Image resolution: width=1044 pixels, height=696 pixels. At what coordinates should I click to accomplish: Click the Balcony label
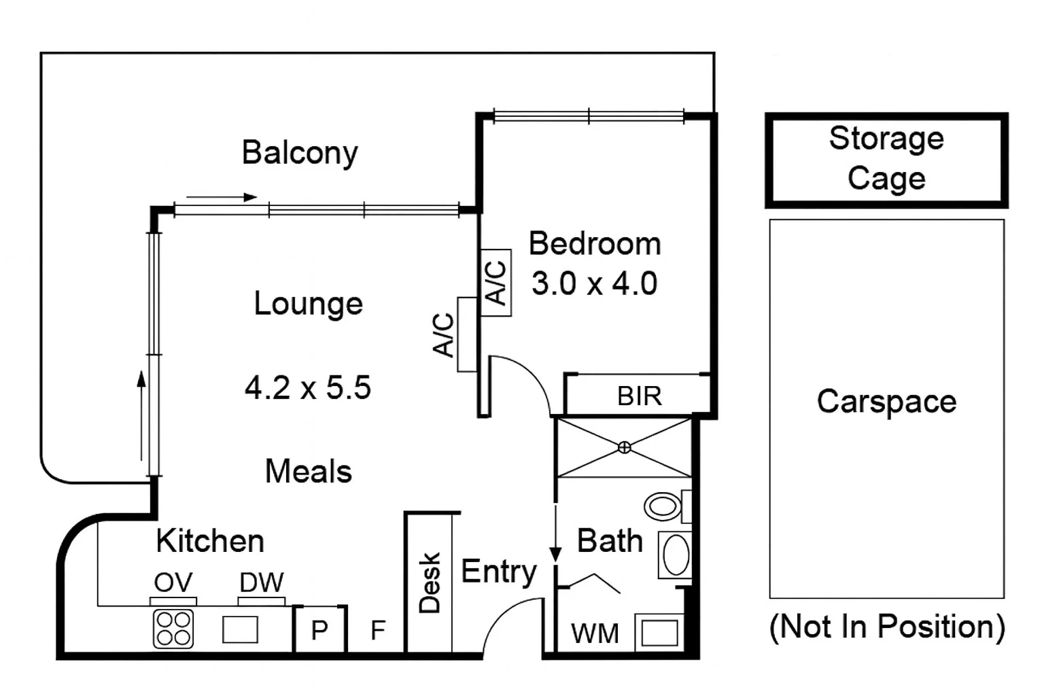point(300,153)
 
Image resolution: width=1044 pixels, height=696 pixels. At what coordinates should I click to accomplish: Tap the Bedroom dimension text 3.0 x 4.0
point(594,283)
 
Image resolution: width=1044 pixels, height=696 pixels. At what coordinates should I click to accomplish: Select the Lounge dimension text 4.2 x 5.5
point(308,388)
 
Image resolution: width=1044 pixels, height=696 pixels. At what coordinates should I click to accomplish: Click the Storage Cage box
point(886,160)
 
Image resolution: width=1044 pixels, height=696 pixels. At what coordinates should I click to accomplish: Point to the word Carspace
point(886,402)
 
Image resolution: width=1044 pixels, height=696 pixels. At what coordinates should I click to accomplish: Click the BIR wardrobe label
point(639,396)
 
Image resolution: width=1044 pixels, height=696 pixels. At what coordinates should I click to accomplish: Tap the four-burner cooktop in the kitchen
point(173,628)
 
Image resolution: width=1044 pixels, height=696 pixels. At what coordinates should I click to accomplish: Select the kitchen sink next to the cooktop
point(240,629)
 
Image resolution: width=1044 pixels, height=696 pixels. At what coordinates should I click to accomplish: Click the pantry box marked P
point(319,630)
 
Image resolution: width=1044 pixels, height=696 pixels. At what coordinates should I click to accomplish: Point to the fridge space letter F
point(378,631)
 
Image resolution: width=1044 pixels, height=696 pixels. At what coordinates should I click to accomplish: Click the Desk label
point(430,583)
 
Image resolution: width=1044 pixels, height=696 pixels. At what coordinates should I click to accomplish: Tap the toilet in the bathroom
point(663,506)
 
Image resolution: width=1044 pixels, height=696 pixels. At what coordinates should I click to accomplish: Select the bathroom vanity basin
point(676,555)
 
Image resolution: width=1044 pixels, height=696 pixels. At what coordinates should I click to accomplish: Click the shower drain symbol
point(624,447)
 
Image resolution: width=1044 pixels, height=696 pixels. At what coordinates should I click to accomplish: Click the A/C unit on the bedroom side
point(496,283)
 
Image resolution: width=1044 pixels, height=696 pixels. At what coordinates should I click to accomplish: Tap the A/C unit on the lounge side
point(466,334)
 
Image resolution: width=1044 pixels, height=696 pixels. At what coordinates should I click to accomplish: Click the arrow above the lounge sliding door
point(222,198)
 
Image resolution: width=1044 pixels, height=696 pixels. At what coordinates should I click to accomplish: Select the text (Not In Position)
point(886,627)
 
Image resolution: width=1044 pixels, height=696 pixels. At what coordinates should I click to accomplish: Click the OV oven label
point(173,582)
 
